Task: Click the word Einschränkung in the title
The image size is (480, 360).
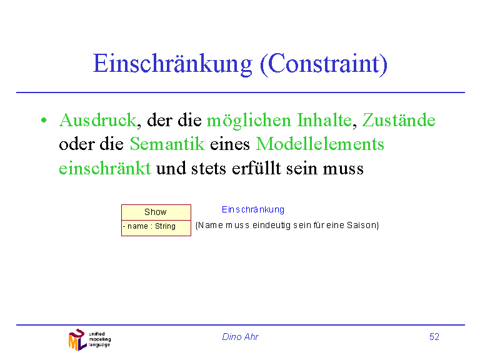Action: click(173, 64)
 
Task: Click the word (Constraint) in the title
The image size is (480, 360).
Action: click(324, 64)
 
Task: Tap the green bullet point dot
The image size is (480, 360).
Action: click(44, 120)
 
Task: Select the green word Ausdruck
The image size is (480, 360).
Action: click(97, 120)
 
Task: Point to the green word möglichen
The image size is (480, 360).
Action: click(249, 121)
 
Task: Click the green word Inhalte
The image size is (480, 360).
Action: click(324, 120)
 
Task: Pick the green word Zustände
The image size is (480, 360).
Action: click(399, 120)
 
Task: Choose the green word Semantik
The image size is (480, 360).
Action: click(167, 144)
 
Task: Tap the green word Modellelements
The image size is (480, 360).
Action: click(320, 144)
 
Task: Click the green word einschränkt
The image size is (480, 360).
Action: click(105, 167)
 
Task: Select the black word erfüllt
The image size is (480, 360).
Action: click(256, 167)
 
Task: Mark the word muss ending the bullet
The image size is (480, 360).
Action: click(343, 169)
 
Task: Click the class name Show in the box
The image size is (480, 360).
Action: click(156, 212)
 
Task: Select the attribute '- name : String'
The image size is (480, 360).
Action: click(149, 226)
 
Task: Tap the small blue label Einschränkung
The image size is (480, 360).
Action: click(253, 210)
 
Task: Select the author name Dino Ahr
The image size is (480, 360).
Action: click(240, 337)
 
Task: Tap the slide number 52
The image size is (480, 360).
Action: click(434, 337)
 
